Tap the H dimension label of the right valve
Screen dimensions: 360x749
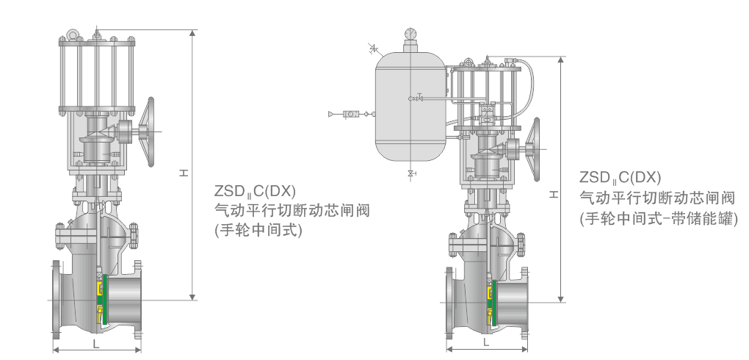(552, 193)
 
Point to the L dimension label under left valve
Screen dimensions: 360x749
(95, 343)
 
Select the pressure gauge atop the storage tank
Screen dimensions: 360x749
(410, 34)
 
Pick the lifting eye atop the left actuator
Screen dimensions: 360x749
(73, 35)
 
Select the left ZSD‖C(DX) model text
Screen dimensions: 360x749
(254, 191)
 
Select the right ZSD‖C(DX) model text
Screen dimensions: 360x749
(620, 177)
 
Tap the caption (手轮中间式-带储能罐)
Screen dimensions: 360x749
(658, 218)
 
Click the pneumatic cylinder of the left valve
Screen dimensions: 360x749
(96, 76)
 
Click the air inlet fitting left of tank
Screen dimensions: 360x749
(352, 114)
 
